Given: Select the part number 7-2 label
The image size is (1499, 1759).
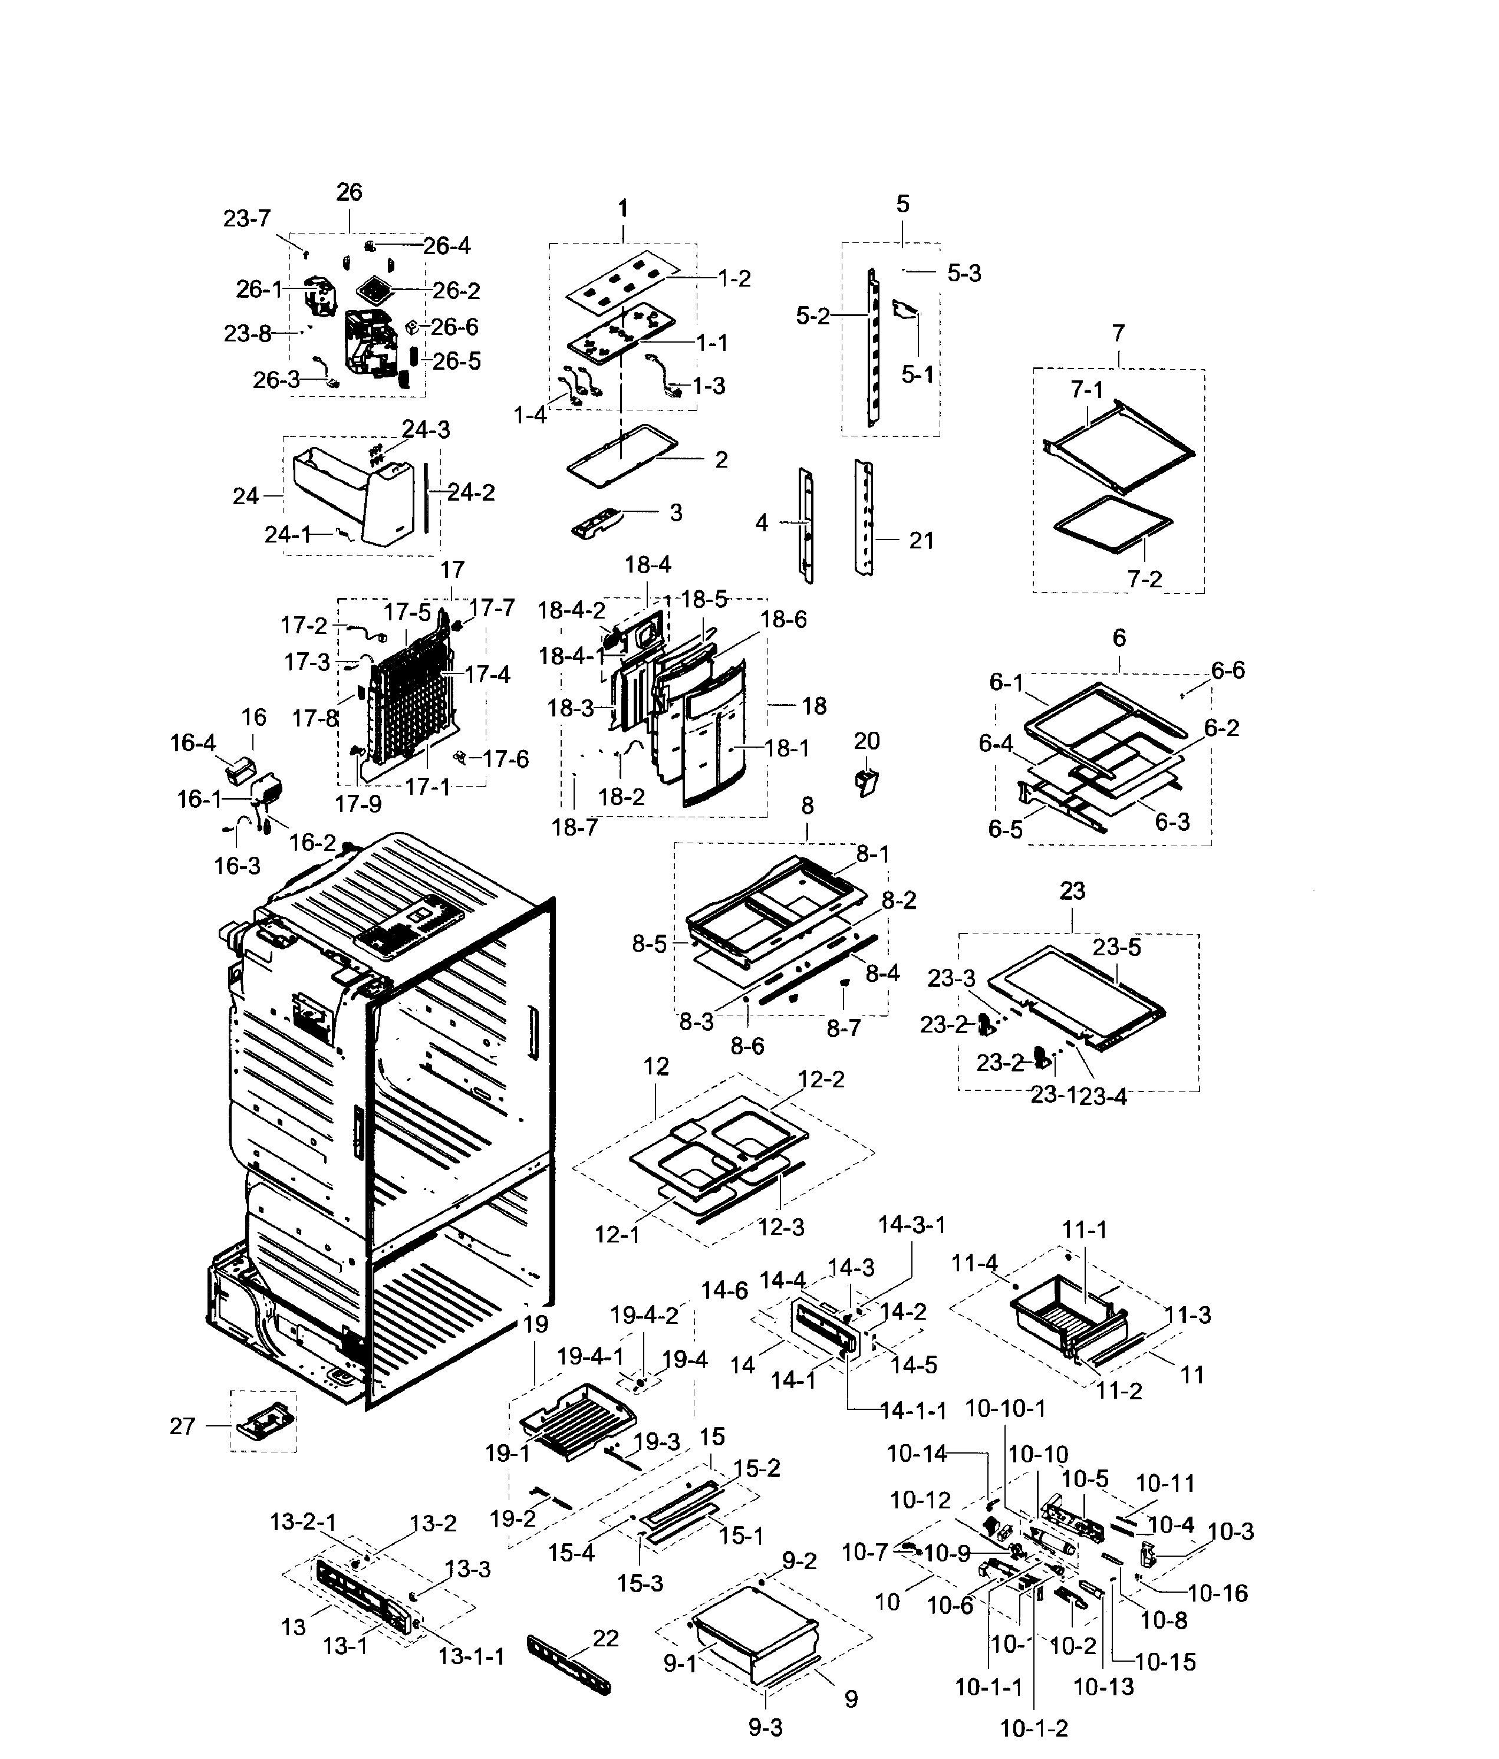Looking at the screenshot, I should pyautogui.click(x=1144, y=579).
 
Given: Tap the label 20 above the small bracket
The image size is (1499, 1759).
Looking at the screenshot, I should pyautogui.click(x=867, y=741).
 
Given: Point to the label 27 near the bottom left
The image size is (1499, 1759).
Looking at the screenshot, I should pyautogui.click(x=183, y=1426).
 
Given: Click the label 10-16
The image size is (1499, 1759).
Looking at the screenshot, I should pyautogui.click(x=1218, y=1593).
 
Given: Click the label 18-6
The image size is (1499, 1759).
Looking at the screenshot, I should pyautogui.click(x=783, y=620).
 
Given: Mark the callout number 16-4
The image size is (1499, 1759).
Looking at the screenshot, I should pyautogui.click(x=193, y=743).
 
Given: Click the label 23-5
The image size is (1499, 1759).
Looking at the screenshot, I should pyautogui.click(x=1117, y=948).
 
